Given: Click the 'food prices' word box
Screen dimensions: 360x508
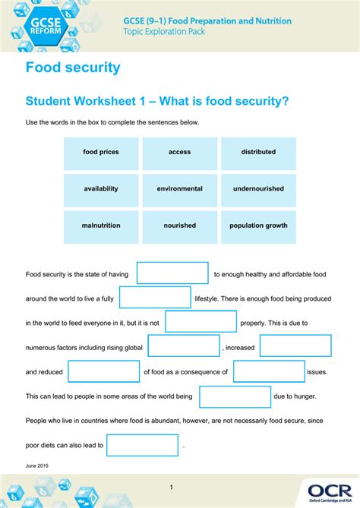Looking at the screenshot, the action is tap(101, 153).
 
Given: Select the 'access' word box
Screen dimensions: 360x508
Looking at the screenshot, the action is tap(180, 153).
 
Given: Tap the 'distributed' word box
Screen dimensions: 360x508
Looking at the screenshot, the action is tap(258, 153).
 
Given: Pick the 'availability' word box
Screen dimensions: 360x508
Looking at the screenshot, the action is tap(101, 189).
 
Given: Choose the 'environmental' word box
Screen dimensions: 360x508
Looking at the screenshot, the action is tap(180, 189).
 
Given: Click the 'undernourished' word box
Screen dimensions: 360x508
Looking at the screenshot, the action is tap(258, 189).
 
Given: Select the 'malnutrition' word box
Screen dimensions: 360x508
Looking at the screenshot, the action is tap(101, 226).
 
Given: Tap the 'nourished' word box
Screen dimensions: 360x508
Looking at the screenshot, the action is tap(180, 226).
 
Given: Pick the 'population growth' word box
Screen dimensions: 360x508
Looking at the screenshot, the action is tap(258, 226).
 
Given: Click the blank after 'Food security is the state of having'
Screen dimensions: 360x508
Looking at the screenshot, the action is tap(172, 273).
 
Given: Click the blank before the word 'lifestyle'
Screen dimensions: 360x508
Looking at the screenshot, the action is tap(155, 298).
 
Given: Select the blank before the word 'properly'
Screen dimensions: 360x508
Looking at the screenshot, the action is tap(201, 322).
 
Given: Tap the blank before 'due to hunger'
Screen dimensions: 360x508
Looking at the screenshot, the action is tap(235, 396).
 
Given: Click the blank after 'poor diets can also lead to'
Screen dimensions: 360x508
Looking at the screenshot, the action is tap(142, 445).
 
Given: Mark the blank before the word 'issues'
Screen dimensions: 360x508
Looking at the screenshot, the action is tap(269, 372).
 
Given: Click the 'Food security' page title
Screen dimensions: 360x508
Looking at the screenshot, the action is tap(73, 68).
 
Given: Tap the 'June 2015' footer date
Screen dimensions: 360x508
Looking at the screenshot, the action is tap(36, 465).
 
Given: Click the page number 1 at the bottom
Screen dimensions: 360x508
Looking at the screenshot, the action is tap(172, 487).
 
